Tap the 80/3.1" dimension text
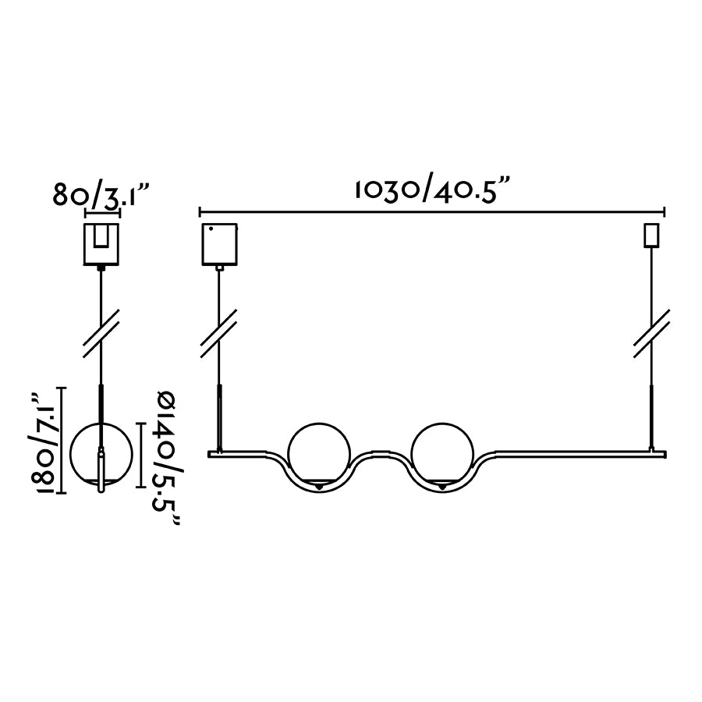coord(101,194)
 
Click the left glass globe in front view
coord(319,453)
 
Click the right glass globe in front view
coord(442,453)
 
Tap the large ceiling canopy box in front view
coord(219,243)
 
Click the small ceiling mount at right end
coord(650,235)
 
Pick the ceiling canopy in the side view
coord(101,243)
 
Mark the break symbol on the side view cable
coord(101,333)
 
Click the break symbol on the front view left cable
coord(219,333)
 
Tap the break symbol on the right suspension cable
coord(651,333)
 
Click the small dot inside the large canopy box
coord(211,229)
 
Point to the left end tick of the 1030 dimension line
coord(200,211)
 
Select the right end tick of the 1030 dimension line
coord(664,211)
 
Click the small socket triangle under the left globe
coord(319,487)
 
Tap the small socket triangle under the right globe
coord(442,487)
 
